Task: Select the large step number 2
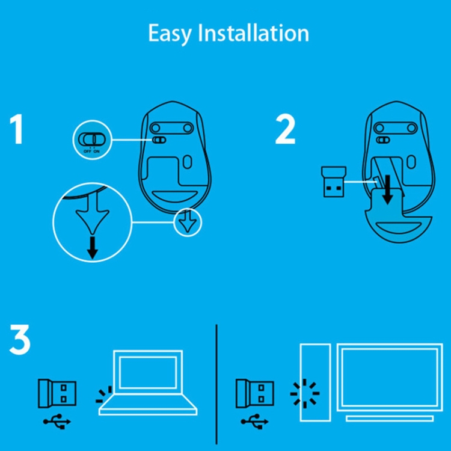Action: click(x=285, y=130)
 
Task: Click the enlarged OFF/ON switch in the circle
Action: click(x=92, y=139)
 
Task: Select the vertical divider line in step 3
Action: click(x=216, y=385)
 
